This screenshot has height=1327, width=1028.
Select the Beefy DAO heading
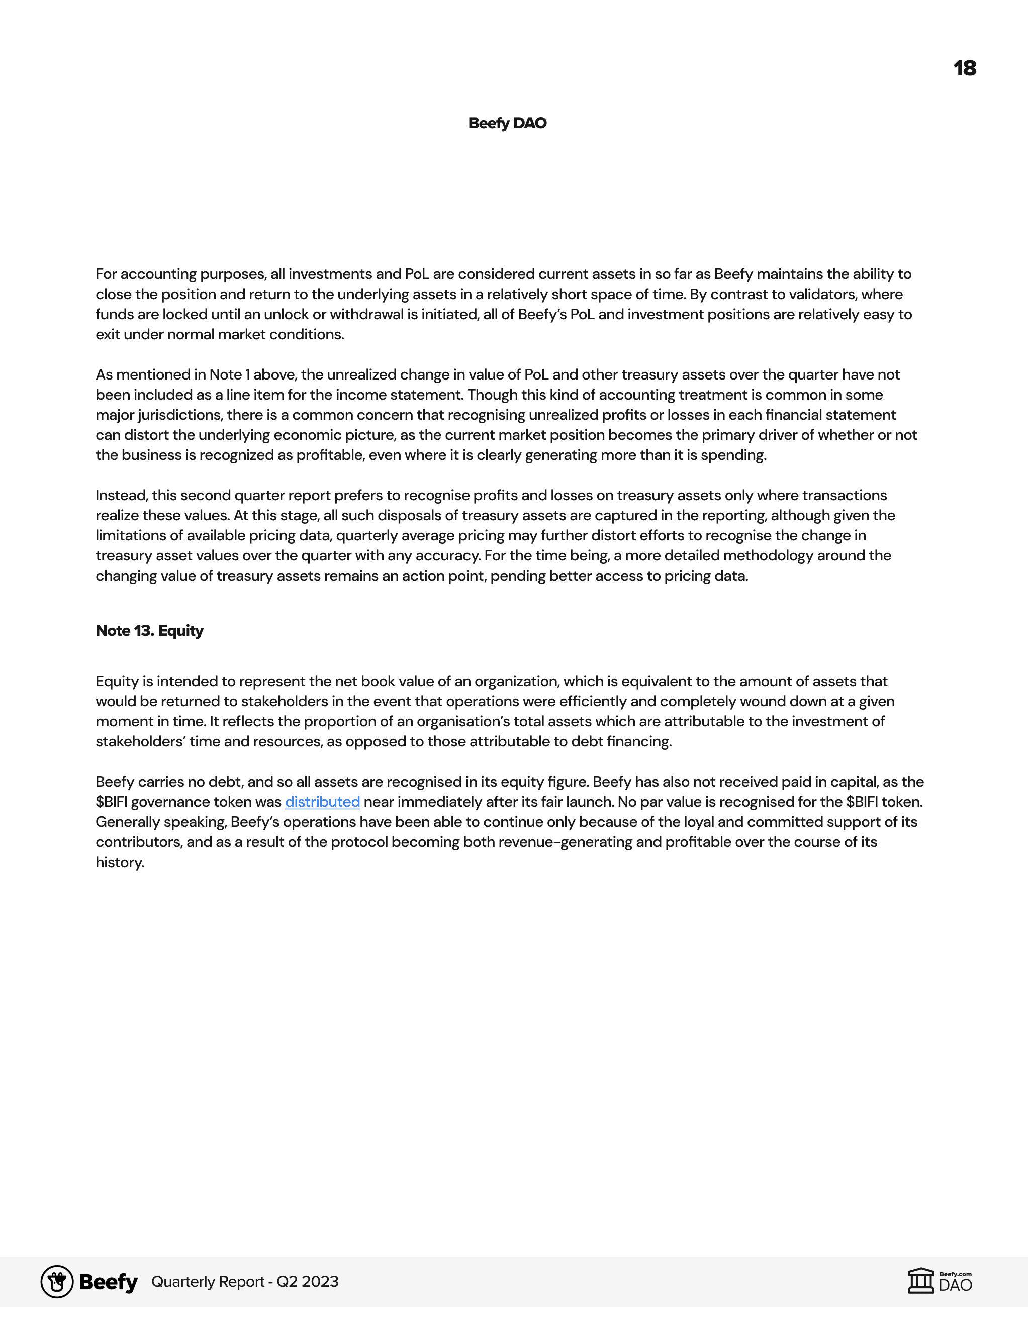point(507,123)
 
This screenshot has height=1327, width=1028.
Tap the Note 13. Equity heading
point(149,631)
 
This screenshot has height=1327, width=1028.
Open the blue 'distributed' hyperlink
point(322,802)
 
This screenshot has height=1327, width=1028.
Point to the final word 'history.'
point(120,862)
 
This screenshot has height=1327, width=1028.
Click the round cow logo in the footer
point(57,1281)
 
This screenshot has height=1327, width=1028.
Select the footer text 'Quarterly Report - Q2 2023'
point(245,1281)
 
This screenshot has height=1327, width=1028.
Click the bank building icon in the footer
point(920,1281)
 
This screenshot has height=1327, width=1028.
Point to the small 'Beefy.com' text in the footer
point(955,1274)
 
